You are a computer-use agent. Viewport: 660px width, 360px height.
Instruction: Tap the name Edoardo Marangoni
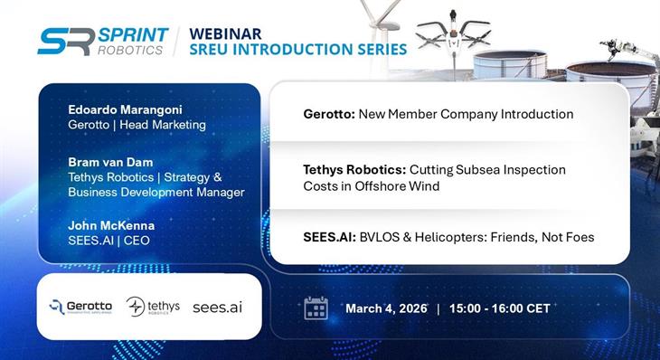coord(125,109)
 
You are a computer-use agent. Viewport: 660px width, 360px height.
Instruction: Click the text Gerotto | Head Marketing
coord(137,124)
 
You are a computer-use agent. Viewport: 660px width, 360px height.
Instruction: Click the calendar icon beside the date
coord(316,308)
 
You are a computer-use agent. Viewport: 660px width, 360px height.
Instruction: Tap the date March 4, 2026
coord(384,308)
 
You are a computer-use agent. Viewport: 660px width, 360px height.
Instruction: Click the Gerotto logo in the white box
coord(80,307)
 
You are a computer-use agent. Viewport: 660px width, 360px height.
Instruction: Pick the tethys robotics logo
coord(153,307)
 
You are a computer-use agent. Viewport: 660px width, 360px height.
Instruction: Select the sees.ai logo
coord(217,307)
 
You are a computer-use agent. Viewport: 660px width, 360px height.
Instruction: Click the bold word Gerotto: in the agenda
coord(329,115)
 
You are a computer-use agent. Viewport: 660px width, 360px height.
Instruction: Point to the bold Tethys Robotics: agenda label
coord(354,169)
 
